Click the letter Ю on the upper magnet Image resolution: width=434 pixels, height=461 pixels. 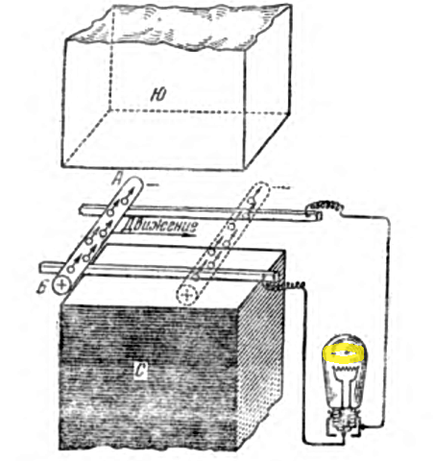click(x=158, y=95)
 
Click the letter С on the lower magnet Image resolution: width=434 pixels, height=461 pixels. click(x=140, y=372)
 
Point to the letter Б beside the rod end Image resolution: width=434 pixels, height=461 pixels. click(x=42, y=288)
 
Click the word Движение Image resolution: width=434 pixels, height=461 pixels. click(x=159, y=226)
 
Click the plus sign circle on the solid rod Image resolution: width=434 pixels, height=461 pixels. click(x=61, y=284)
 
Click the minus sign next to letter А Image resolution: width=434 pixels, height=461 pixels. click(x=153, y=184)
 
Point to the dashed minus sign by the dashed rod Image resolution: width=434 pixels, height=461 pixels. click(x=282, y=187)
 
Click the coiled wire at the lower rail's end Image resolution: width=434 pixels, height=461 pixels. click(x=286, y=285)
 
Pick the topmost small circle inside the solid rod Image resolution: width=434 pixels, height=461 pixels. click(x=125, y=201)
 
